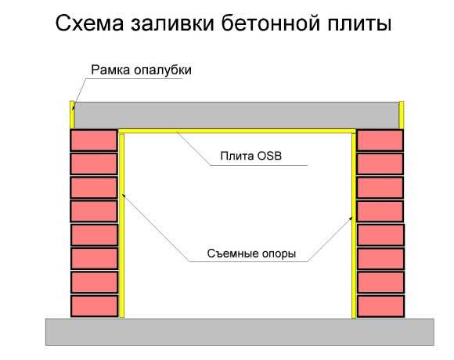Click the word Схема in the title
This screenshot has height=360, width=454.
[89, 23]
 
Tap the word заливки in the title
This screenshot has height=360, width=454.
[172, 23]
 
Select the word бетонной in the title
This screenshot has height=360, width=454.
[271, 23]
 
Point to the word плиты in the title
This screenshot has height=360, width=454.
[359, 23]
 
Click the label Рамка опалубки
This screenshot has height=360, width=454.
[142, 70]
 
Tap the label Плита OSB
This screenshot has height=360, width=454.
[251, 156]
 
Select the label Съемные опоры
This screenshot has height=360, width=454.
[251, 254]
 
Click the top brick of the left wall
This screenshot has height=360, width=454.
[94, 140]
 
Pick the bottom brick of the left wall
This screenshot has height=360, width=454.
[95, 306]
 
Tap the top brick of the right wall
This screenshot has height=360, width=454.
[380, 140]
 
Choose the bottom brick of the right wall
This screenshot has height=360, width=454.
[380, 306]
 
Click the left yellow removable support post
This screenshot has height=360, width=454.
[121, 225]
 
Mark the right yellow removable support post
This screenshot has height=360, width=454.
[354, 225]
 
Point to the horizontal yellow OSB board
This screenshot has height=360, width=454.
[237, 131]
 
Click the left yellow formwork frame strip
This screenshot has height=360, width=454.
[72, 114]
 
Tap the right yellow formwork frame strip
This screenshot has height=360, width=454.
[402, 115]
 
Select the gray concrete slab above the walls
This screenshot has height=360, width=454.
[236, 115]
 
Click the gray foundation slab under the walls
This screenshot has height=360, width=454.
[240, 332]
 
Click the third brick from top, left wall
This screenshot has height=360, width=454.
[94, 188]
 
